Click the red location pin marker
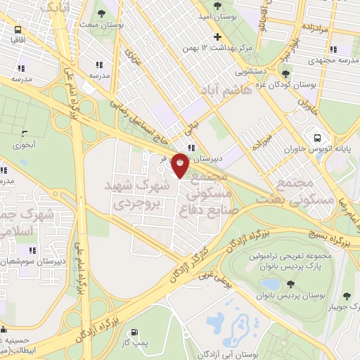point(180,165)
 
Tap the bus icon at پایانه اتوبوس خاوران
point(318,138)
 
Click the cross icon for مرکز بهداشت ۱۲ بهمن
point(217,37)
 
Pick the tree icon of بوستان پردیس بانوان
point(290,284)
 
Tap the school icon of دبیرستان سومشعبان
point(32,250)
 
